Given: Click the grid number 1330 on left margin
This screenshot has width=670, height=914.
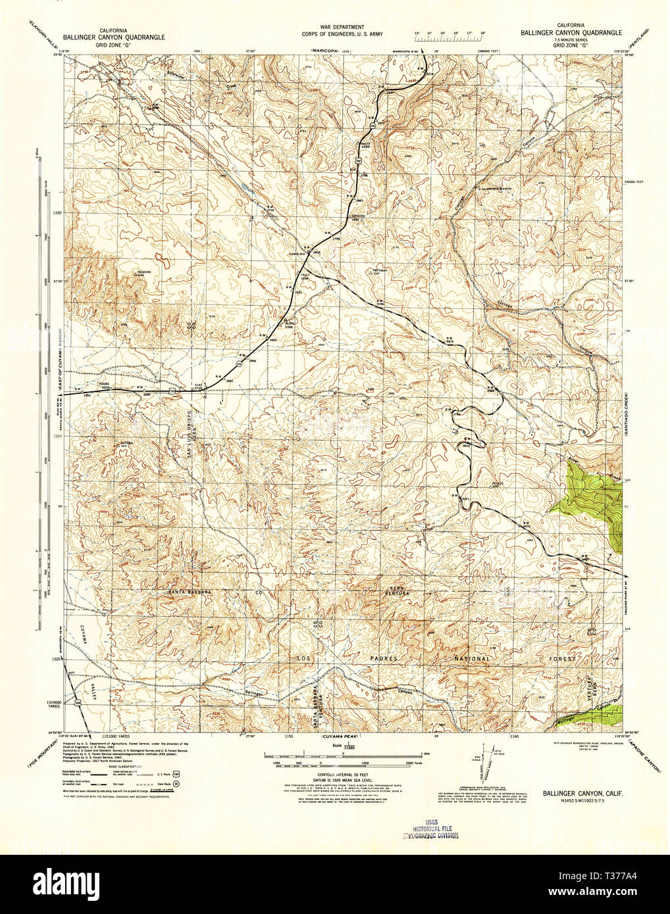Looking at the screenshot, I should [x=59, y=213].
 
